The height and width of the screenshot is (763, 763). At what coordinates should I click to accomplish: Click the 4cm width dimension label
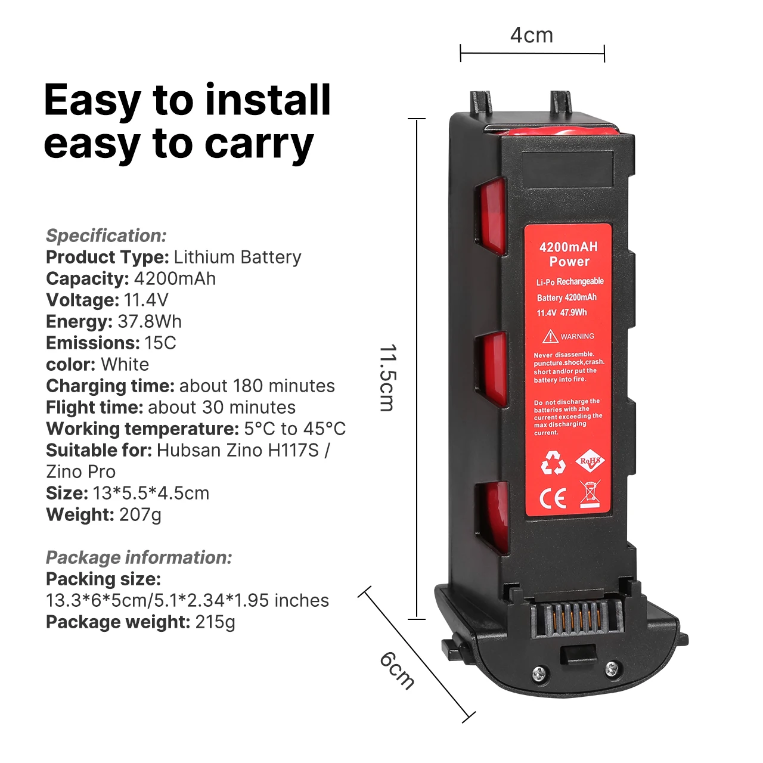[x=532, y=36]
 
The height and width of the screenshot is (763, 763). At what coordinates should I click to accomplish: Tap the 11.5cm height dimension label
[x=387, y=377]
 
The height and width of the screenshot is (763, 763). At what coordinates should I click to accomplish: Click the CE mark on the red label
[x=553, y=498]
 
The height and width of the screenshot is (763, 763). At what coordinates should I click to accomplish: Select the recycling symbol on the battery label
[x=553, y=463]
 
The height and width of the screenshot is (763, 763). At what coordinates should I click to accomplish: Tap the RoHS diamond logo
[x=590, y=461]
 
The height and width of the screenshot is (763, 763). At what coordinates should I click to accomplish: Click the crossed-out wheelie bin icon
[x=590, y=495]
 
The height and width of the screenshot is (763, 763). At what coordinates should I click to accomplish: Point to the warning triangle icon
[x=550, y=337]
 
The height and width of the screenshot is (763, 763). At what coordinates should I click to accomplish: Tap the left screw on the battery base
[x=539, y=674]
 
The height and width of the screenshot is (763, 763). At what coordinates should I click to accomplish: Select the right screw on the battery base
[x=612, y=669]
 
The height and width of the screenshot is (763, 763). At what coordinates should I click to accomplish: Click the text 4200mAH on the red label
[x=568, y=247]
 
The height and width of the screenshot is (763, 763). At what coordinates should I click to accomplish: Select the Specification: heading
[x=106, y=235]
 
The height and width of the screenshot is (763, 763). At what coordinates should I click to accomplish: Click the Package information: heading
[x=139, y=557]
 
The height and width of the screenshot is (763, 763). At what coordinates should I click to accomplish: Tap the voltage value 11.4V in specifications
[x=146, y=300]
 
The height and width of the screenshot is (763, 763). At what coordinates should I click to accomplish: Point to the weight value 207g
[x=140, y=514]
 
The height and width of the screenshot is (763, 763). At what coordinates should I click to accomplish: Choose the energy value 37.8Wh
[x=150, y=321]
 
